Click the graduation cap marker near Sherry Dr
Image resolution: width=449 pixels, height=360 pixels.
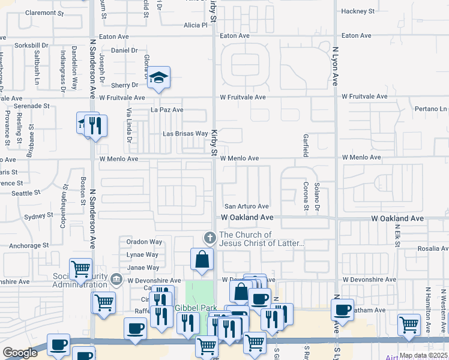pyautogui.click(x=158, y=78)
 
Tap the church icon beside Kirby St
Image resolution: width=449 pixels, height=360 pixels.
pyautogui.click(x=210, y=238)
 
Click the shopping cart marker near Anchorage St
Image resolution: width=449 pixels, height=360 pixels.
pyautogui.click(x=81, y=269)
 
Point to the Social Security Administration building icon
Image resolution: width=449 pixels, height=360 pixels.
pyautogui.click(x=116, y=278)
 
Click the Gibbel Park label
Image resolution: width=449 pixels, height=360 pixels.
pyautogui.click(x=194, y=307)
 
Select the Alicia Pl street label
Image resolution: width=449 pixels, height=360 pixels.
pyautogui.click(x=195, y=25)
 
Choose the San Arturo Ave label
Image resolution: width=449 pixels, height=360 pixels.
pyautogui.click(x=246, y=206)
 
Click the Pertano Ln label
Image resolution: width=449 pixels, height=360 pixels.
pyautogui.click(x=431, y=109)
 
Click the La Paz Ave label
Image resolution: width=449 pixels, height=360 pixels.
pyautogui.click(x=167, y=110)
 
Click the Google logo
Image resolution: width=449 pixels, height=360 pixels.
pyautogui.click(x=20, y=353)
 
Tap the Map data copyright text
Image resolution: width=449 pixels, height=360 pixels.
pyautogui.click(x=423, y=355)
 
